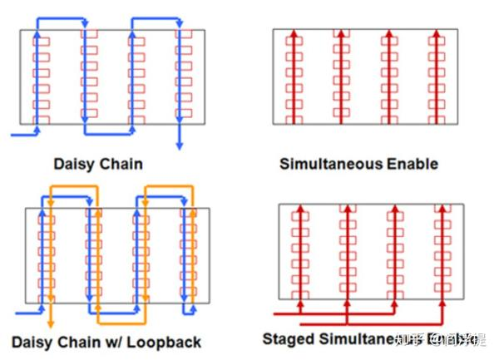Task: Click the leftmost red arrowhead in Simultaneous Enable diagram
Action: point(293,33)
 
